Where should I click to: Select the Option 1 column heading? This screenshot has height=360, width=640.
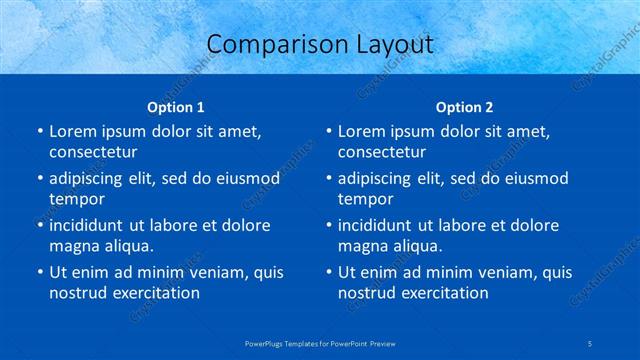point(176,106)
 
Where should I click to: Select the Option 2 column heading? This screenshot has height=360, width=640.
point(465,106)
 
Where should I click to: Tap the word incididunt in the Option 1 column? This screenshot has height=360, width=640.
point(91,225)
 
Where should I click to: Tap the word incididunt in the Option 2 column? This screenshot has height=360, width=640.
point(380,225)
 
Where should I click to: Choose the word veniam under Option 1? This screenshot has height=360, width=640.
point(207,272)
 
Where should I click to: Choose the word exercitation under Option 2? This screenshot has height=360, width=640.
point(443,293)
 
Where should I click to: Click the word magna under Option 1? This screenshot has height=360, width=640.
point(73,246)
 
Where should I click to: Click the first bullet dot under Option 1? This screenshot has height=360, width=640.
point(38,131)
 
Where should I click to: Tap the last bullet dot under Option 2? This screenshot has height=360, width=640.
point(327,272)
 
